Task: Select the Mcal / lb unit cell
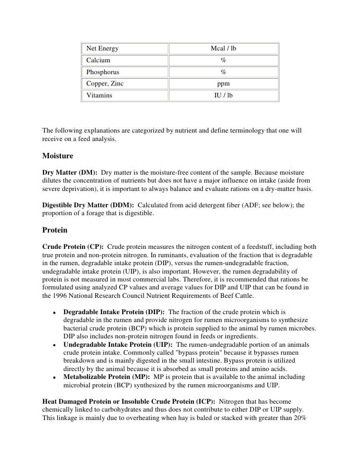point(224,48)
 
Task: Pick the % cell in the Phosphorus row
point(224,72)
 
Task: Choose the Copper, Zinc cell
point(105,84)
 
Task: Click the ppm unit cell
point(224,84)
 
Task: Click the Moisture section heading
point(58,156)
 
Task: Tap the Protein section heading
point(55,231)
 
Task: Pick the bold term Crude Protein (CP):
point(73,246)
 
